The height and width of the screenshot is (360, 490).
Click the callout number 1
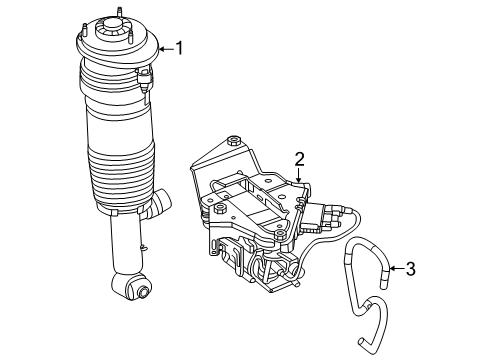[x=180, y=48]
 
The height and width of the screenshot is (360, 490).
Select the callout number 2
[x=299, y=159]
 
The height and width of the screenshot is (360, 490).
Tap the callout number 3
[x=411, y=269]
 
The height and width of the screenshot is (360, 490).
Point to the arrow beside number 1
[x=166, y=49]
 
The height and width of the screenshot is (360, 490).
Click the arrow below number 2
[x=299, y=175]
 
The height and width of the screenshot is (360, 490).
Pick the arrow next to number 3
[x=397, y=268]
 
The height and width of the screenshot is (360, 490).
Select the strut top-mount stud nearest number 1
[x=131, y=37]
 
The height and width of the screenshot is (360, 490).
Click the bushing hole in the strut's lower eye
[x=144, y=292]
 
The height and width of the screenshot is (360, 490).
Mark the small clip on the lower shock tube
[x=144, y=246]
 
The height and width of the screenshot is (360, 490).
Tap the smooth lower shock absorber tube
[x=127, y=243]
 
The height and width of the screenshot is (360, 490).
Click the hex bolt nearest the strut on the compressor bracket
[x=219, y=209]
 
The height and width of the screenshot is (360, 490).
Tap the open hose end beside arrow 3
[x=384, y=284]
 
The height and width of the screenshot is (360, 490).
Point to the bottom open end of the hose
[x=361, y=341]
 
